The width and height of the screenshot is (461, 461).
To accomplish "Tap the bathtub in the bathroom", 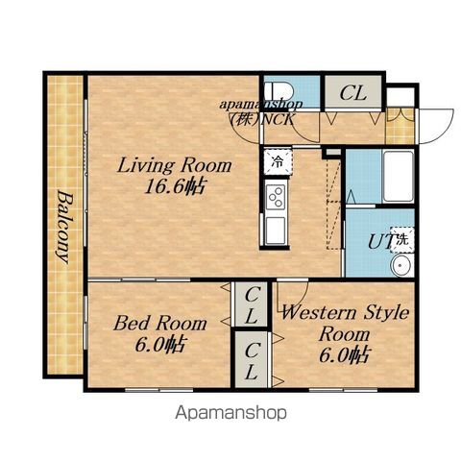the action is point(399,176).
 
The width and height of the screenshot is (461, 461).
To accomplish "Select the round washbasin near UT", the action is point(401,265).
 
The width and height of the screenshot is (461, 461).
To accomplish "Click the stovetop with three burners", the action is point(276,196).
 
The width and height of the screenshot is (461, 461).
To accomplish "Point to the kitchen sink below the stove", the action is point(276,230).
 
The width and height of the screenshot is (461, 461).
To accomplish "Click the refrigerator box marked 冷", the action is point(278,162).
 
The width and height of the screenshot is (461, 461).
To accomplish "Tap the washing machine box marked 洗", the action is point(402,239).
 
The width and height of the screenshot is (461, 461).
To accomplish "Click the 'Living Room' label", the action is point(175,165).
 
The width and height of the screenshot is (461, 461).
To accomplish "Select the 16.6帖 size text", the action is point(175,186).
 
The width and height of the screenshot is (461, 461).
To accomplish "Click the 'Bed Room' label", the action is point(160,323).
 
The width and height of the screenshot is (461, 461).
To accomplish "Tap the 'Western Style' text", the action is point(345,312).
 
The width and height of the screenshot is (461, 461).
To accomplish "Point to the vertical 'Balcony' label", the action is point(65,227).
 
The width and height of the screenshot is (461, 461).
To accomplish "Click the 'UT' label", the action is point(380,242).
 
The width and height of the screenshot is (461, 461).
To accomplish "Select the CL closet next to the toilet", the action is point(353,93).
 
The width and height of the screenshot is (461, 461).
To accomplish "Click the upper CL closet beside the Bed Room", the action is point(252,304).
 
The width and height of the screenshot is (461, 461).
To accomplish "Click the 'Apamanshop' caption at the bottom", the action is point(230,413).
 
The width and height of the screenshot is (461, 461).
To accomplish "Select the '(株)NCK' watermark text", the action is point(262,120).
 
